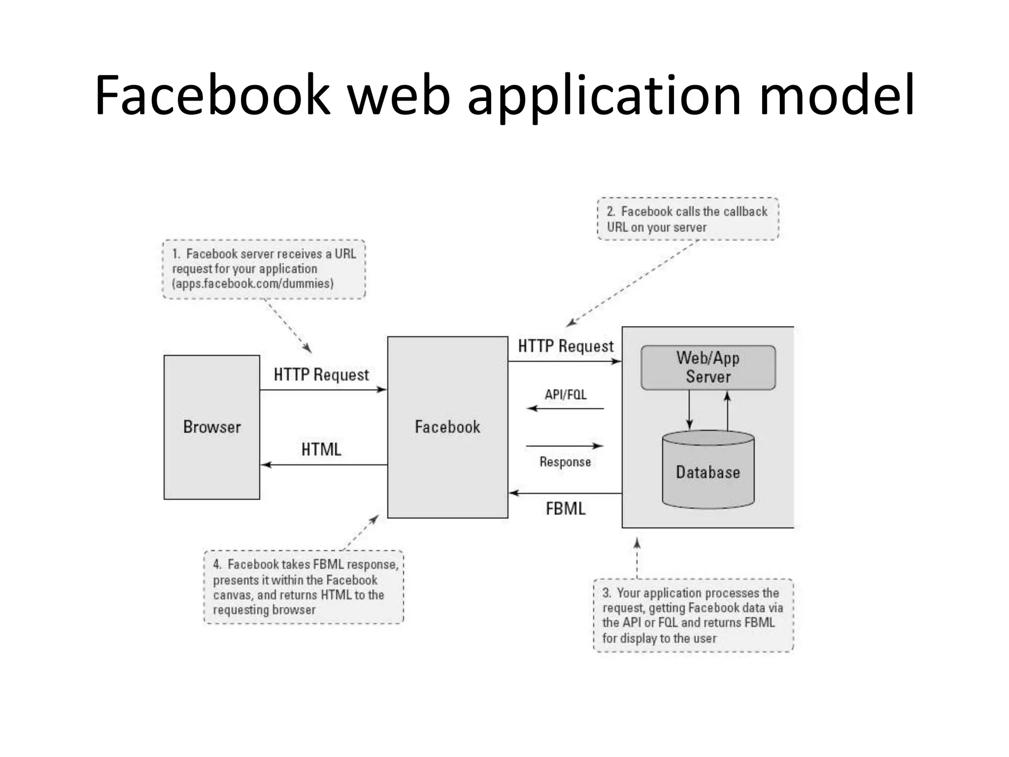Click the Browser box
[212, 427]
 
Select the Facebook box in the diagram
[447, 427]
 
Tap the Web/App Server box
[708, 368]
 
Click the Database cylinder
[708, 472]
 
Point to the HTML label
[321, 449]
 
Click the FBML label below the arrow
[566, 509]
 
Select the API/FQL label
[566, 395]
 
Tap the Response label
[565, 462]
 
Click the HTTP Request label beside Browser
[321, 375]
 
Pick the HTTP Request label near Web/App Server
[566, 346]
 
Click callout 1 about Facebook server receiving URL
[264, 269]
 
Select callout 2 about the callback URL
[688, 219]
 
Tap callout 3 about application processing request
[693, 616]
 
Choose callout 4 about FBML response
[303, 587]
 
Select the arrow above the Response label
[565, 446]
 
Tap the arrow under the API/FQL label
[565, 408]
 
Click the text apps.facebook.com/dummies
[253, 283]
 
